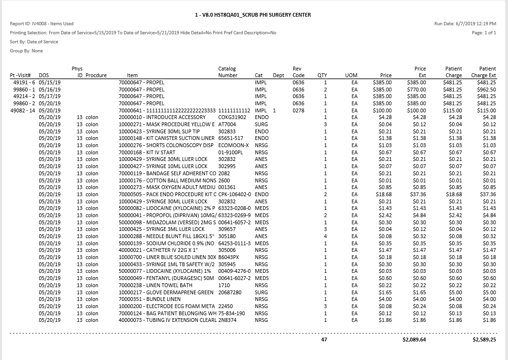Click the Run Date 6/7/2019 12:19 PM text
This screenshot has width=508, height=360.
click(465, 23)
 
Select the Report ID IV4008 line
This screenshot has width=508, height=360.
click(41, 23)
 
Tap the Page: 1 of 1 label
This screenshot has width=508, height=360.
click(484, 33)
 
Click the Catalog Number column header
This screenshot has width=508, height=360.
click(227, 72)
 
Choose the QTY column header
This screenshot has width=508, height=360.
click(322, 75)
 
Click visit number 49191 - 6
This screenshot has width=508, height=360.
click(22, 82)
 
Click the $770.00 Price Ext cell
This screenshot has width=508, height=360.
click(417, 90)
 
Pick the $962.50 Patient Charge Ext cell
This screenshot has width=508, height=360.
click(486, 90)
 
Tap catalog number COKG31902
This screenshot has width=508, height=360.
click(232, 118)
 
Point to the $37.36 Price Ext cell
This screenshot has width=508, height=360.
click(418, 194)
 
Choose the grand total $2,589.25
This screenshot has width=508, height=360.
click(484, 340)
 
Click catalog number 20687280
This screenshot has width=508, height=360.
click(230, 292)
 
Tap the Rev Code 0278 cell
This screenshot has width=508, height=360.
click(298, 110)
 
